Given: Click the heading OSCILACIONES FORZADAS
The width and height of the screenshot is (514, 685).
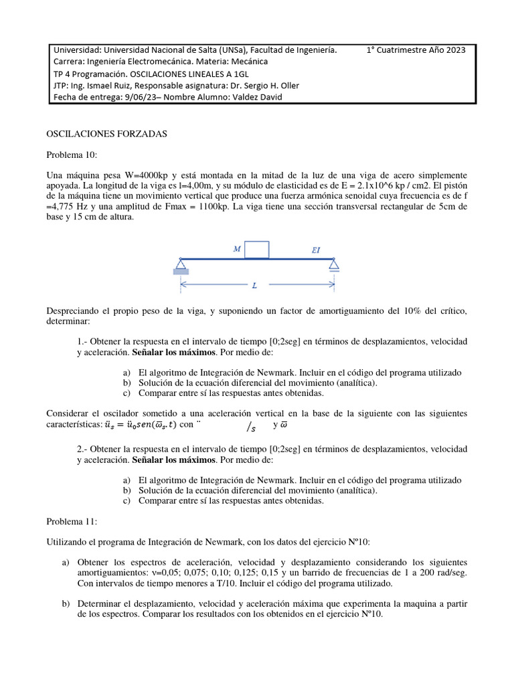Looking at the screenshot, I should [x=106, y=134].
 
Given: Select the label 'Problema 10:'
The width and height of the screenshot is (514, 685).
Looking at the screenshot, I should [x=72, y=155].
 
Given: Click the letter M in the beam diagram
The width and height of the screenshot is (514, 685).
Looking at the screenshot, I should [x=236, y=249].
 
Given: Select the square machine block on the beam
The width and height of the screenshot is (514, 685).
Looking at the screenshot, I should [x=257, y=250].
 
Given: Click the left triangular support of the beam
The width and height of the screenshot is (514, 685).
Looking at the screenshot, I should [x=179, y=264].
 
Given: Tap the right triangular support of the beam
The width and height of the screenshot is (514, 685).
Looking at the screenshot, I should [x=333, y=264].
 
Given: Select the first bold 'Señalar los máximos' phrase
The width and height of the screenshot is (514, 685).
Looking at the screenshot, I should [x=175, y=352].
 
